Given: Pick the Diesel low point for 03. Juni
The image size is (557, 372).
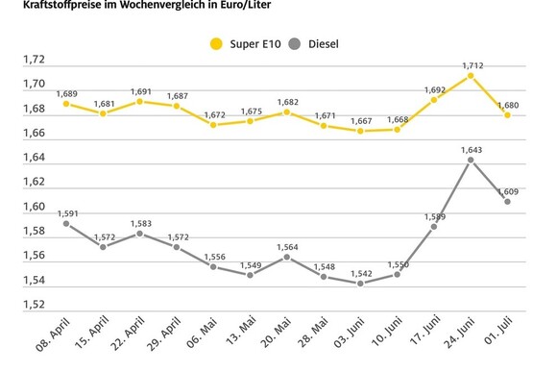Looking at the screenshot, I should point(360,284).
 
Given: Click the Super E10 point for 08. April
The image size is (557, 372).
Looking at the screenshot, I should point(66,104).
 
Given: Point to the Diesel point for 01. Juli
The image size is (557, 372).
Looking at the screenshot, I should point(507,202).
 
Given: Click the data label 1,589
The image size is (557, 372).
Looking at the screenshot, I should point(433,215).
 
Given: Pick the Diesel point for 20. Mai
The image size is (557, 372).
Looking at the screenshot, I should point(286,257).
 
